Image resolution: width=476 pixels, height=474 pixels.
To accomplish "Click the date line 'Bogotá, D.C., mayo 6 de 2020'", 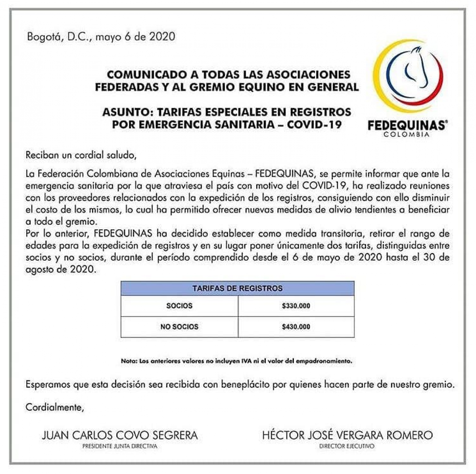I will pyautogui.click(x=101, y=37).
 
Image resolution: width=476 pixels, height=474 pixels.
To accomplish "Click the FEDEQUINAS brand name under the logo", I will pyautogui.click(x=407, y=126).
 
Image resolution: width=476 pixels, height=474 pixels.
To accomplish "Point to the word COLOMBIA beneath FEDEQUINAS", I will pyautogui.click(x=407, y=135).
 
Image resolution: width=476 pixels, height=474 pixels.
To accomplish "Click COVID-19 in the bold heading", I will pyautogui.click(x=314, y=125).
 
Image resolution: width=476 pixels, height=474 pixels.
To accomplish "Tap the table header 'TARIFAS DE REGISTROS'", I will pyautogui.click(x=237, y=288).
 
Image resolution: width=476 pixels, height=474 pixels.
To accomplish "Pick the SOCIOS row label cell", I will pyautogui.click(x=179, y=306).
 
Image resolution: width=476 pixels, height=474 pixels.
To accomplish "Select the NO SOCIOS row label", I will pyautogui.click(x=179, y=327).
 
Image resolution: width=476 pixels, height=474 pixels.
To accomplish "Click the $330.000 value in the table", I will pyautogui.click(x=296, y=306).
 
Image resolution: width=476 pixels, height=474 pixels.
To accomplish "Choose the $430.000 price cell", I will pyautogui.click(x=296, y=327).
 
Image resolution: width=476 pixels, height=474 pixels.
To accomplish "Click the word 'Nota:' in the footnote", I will pyautogui.click(x=129, y=361).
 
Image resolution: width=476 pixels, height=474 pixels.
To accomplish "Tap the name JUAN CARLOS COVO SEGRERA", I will pyautogui.click(x=120, y=435).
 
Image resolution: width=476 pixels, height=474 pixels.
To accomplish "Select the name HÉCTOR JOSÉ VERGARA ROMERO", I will pyautogui.click(x=347, y=435).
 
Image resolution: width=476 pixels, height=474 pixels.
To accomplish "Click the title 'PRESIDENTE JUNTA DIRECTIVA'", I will pyautogui.click(x=120, y=446).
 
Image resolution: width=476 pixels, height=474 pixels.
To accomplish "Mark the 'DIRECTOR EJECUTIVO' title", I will pyautogui.click(x=347, y=446).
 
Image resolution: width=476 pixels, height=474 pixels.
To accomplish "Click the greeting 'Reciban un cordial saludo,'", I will pyautogui.click(x=81, y=155).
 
